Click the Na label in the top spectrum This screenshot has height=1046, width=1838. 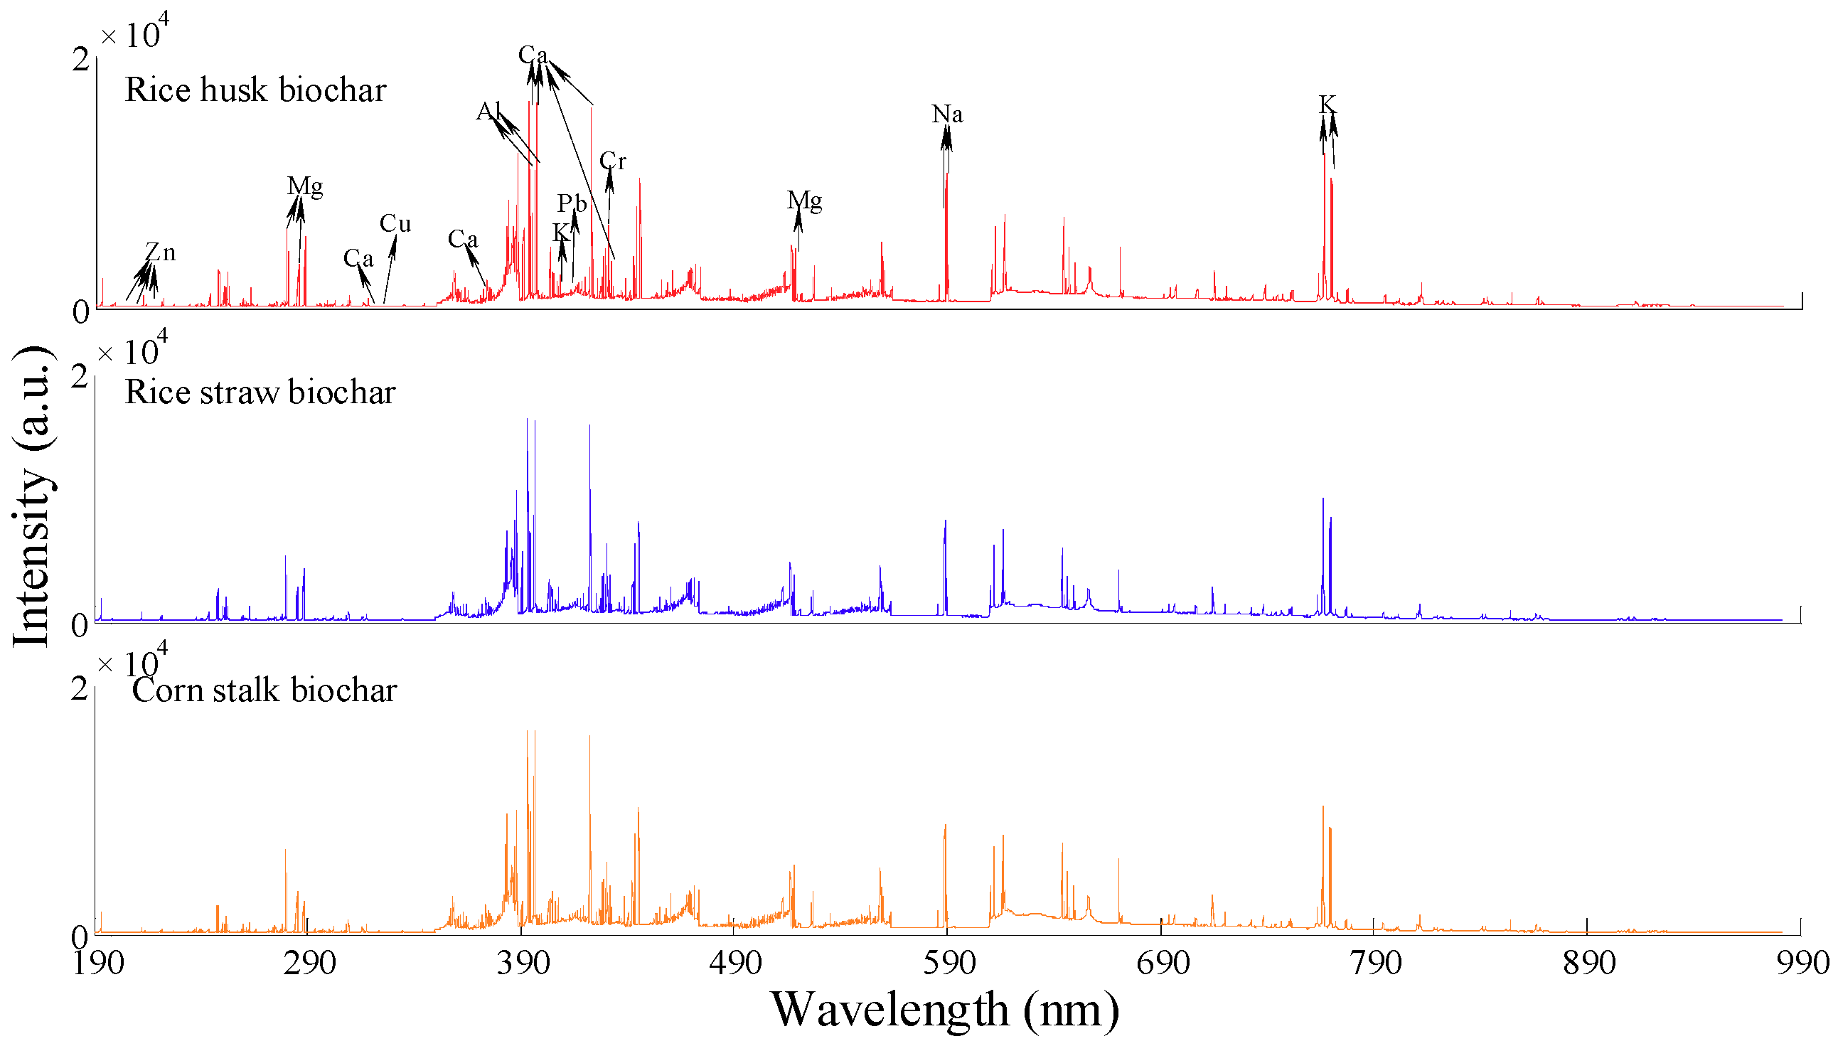pos(946,114)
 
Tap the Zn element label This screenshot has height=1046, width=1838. pos(160,252)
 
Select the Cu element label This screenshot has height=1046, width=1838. pos(395,223)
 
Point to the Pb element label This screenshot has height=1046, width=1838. pos(572,203)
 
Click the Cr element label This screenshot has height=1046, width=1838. pos(613,161)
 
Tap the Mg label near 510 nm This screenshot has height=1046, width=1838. pos(803,201)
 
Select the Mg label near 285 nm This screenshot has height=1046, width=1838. pos(305,186)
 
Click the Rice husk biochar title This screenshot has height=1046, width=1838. pos(255,90)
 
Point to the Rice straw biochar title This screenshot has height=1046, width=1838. pos(260,393)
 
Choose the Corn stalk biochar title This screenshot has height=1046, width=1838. pos(265,690)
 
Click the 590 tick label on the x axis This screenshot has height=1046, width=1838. pos(949,963)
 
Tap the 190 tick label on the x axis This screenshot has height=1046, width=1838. pos(99,963)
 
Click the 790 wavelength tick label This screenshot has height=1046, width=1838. pos(1374,963)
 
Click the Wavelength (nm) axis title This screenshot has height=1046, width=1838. pos(944,1009)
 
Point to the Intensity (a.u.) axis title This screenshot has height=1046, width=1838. pos(32,496)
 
